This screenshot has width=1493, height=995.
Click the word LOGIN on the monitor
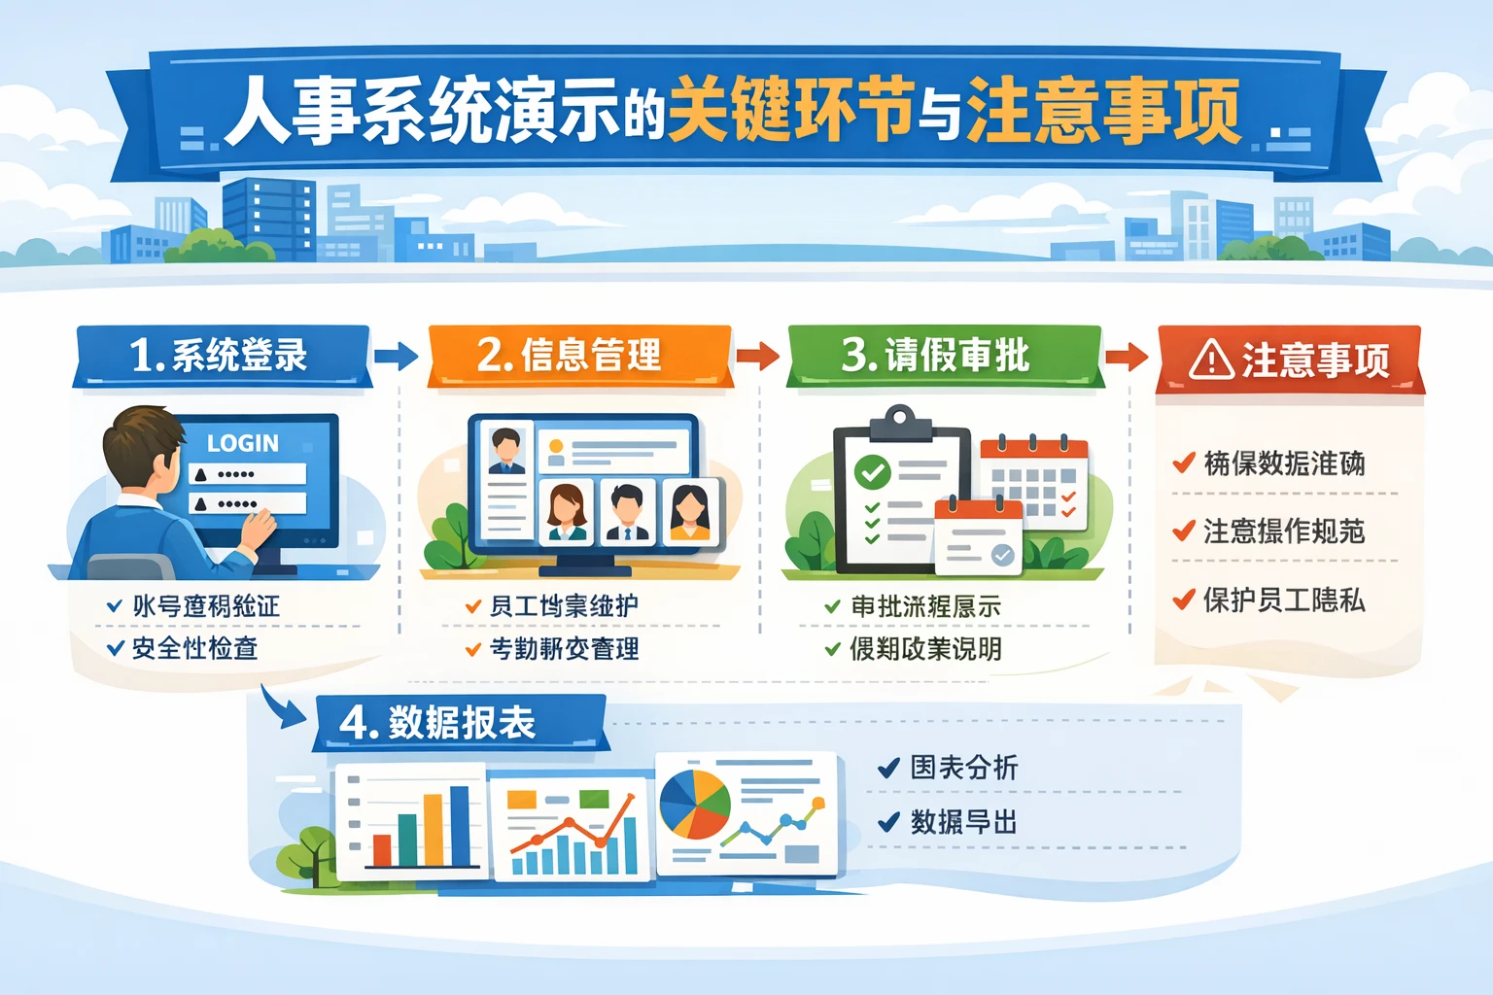coord(243,443)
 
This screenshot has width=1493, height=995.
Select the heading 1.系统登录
coord(220,356)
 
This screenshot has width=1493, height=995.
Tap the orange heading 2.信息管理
coord(570,356)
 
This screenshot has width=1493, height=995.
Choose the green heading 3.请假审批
coord(935,356)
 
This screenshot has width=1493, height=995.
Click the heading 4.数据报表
coord(438,723)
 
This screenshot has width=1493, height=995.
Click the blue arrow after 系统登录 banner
coord(396,356)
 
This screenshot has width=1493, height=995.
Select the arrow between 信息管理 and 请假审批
coord(757,356)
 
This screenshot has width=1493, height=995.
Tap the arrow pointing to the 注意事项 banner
coord(1127,356)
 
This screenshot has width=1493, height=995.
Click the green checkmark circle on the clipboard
coord(872,473)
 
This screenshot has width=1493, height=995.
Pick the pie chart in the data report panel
coord(694,805)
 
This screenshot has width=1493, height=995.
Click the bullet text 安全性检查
coord(194,648)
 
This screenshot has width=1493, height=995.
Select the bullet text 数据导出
coord(963,823)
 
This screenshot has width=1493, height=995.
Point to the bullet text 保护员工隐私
coord(1283,600)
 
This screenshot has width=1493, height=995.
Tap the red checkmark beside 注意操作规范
coord(1183,531)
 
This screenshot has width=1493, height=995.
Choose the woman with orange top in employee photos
coord(690,511)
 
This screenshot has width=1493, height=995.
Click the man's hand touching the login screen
coord(259,531)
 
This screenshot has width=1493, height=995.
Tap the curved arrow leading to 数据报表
coord(281,707)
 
